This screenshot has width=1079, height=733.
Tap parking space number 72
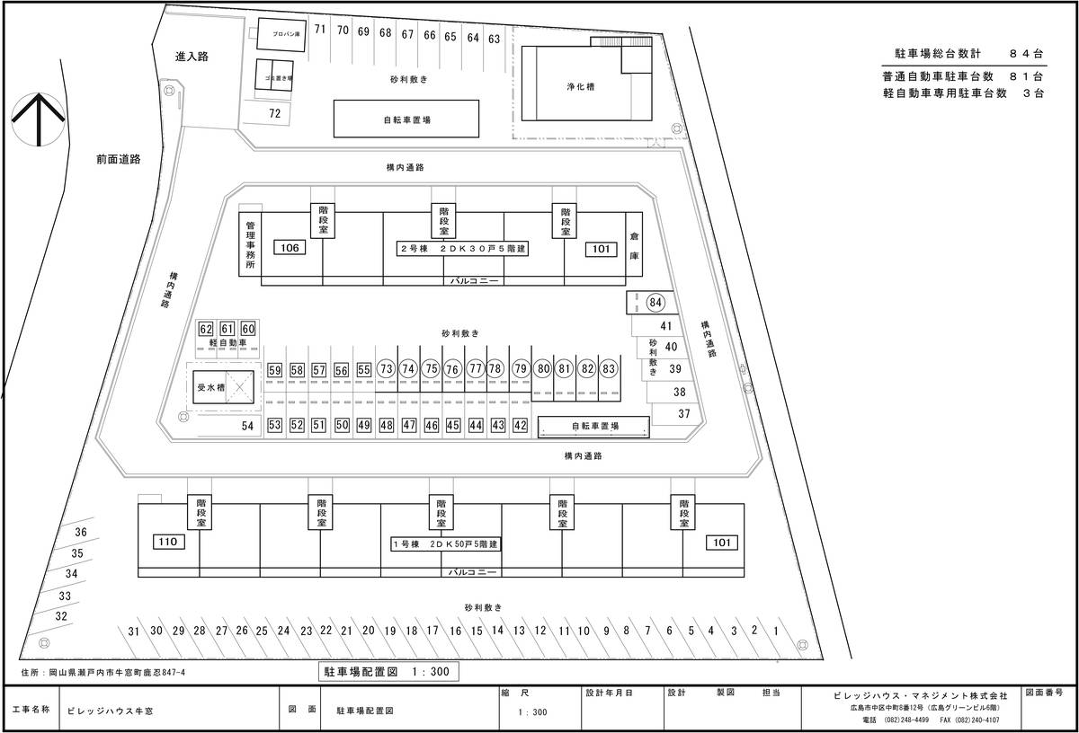point(274,113)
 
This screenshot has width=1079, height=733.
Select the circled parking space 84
point(655,302)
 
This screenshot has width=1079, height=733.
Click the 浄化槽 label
point(579,87)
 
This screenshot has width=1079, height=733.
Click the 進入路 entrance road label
point(192,57)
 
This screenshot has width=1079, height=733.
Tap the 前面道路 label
point(119,160)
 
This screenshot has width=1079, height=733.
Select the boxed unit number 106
point(290,248)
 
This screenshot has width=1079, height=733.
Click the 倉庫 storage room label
point(634,243)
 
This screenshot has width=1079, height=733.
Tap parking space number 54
point(247,425)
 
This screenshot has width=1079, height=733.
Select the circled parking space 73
point(387,369)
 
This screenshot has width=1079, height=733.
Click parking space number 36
point(81,532)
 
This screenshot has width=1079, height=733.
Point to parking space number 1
point(776,631)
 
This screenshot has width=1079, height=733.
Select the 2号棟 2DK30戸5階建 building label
point(462,248)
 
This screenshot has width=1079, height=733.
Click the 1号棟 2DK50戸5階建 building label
point(445,543)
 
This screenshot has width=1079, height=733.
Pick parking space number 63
point(494,39)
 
